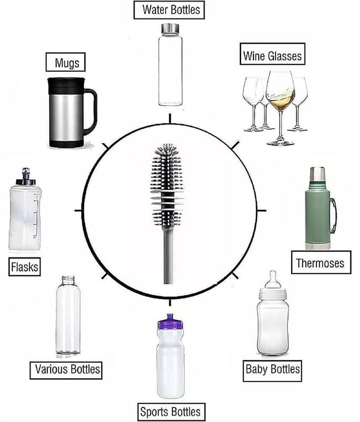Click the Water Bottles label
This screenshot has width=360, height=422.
click(x=169, y=10)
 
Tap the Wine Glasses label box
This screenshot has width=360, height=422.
click(x=273, y=54)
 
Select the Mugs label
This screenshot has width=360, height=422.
click(x=65, y=62)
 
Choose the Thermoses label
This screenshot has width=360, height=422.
click(x=321, y=262)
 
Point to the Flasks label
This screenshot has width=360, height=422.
click(x=24, y=267)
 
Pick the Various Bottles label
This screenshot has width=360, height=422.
click(x=66, y=370)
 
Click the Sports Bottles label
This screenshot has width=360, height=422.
click(x=171, y=412)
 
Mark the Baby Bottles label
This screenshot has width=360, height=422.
click(x=272, y=371)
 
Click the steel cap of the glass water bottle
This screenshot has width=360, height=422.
click(x=170, y=28)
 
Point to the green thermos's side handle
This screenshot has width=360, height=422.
click(x=333, y=216)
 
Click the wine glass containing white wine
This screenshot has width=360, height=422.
click(x=280, y=108)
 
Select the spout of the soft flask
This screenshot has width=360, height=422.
click(x=26, y=176)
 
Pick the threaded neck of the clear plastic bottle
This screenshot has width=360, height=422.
click(x=68, y=280)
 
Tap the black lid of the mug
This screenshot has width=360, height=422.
click(x=66, y=85)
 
